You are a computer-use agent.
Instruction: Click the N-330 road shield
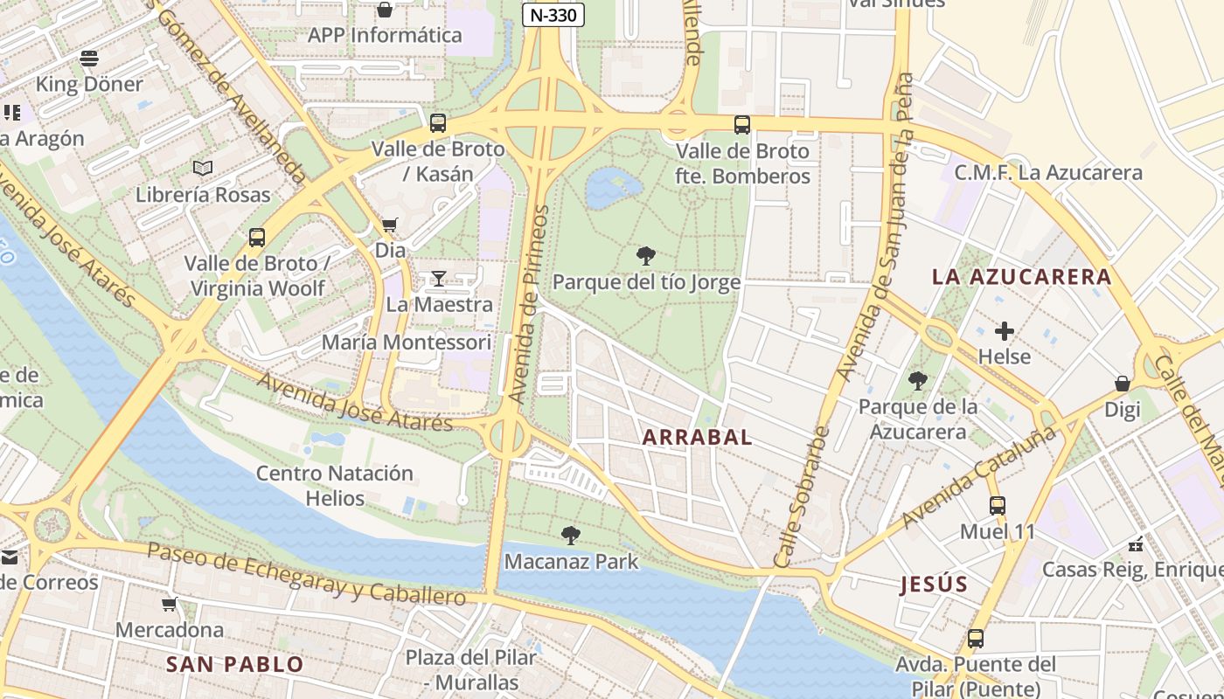pos(553,15)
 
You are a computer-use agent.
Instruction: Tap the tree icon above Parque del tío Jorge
pos(646,256)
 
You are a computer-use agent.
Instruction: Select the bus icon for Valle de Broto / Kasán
pos(438,123)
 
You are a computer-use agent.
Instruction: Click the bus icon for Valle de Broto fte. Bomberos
pos(742,125)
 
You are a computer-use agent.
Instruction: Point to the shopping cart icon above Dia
pos(390,225)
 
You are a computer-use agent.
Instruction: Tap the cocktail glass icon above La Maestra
pos(439,279)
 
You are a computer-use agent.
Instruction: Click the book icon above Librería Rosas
pos(203,168)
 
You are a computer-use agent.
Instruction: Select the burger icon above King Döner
pos(89,59)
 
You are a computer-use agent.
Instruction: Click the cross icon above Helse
pos(1005,331)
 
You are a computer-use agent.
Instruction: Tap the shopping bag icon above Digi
pos(1123,384)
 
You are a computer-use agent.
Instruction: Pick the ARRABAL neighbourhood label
pos(697,437)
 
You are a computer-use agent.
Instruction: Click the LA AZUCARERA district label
pos(1021,277)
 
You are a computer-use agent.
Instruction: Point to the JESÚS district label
pos(934,585)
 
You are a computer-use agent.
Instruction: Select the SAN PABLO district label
pos(234,664)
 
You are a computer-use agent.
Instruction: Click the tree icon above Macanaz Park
pos(571,535)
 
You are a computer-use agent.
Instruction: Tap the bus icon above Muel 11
pos(997,505)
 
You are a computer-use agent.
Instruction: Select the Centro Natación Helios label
pos(335,486)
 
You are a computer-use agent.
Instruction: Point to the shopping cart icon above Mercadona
pos(170,604)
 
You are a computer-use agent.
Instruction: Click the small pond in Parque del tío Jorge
pos(612,186)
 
